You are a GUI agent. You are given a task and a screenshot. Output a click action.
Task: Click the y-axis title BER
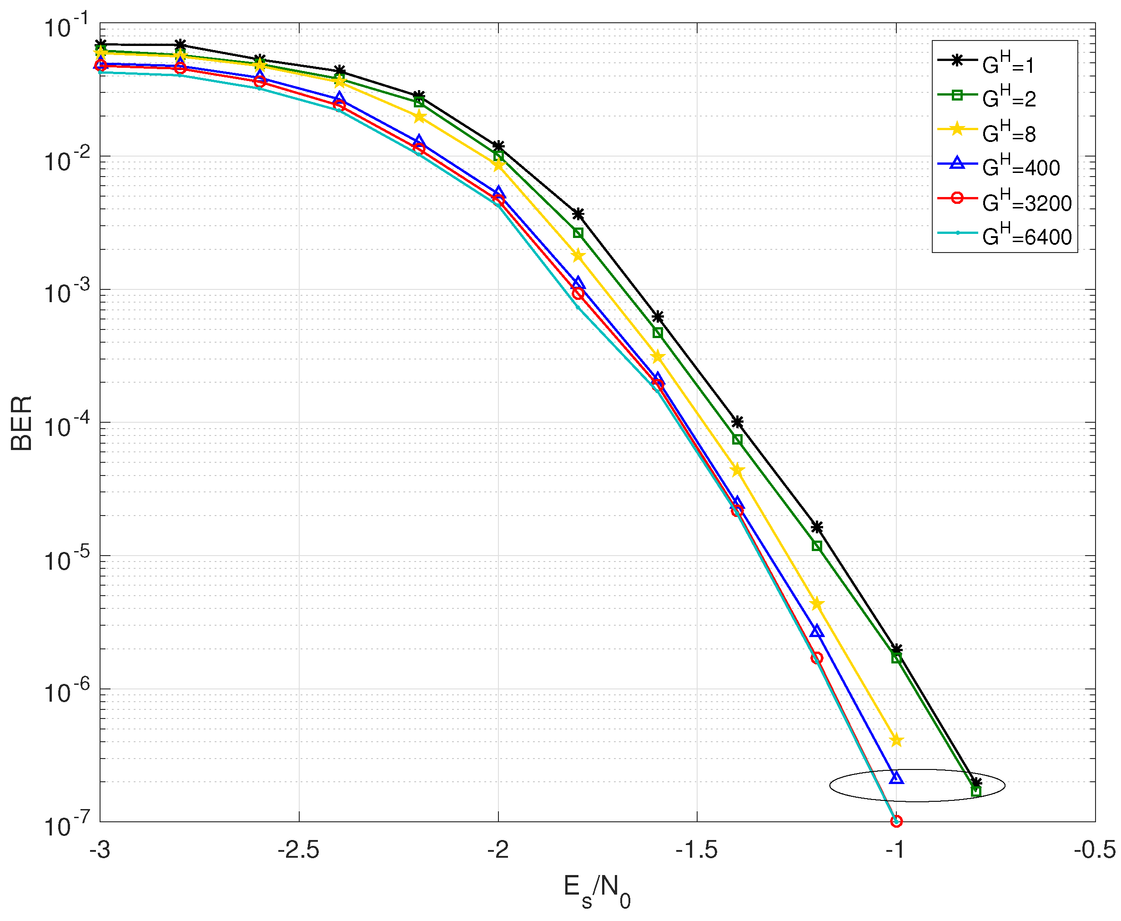pyautogui.click(x=22, y=423)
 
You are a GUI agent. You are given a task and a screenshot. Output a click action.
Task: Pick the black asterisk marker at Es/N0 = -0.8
pyautogui.click(x=976, y=783)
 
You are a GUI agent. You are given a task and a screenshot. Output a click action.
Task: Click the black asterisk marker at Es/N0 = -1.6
pyautogui.click(x=658, y=317)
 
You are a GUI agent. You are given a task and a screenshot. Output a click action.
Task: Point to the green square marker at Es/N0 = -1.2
pyautogui.click(x=817, y=546)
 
